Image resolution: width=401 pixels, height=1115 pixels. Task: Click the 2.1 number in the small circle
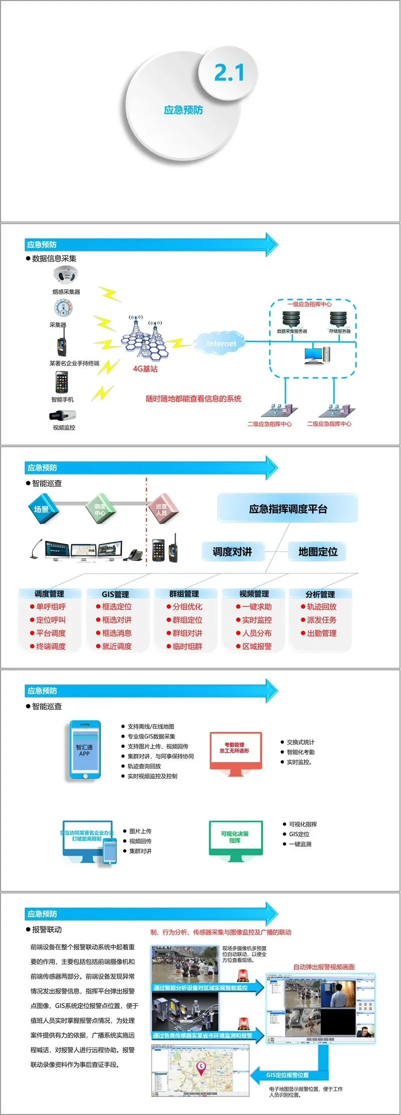point(229,73)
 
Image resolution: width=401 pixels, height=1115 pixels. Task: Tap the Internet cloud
point(221,343)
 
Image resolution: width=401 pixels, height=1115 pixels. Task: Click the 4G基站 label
point(145,368)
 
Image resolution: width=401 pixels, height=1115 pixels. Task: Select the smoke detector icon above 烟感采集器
point(66,275)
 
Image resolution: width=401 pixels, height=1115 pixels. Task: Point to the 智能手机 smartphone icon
point(62,383)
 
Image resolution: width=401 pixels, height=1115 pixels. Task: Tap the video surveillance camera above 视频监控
point(63,415)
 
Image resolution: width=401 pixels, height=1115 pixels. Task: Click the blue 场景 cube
point(42,509)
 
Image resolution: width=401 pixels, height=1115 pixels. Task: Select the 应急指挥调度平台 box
point(288,509)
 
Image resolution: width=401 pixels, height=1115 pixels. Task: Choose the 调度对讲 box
point(232,552)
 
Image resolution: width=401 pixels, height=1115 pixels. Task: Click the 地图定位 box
point(318,552)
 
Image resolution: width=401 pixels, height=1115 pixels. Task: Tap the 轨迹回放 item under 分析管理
point(321,607)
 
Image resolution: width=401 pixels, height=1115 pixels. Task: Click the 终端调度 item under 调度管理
point(51,646)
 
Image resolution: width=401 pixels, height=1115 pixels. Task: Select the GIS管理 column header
point(115,594)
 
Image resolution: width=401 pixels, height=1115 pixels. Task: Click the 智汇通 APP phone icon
point(85,750)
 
